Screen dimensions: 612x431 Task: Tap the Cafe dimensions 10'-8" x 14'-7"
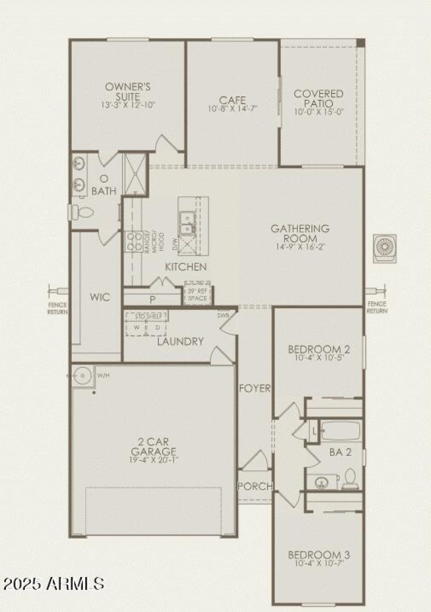[233, 108]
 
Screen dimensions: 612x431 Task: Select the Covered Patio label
[318, 98]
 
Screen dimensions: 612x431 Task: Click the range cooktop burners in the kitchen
[131, 241]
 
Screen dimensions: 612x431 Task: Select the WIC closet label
[100, 297]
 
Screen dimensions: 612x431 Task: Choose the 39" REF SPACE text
[197, 294]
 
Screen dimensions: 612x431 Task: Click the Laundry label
[180, 341]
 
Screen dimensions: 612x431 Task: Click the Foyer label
[255, 388]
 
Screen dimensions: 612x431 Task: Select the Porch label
[255, 486]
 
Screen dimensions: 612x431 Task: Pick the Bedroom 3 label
[315, 555]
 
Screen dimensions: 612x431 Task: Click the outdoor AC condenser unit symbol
[385, 247]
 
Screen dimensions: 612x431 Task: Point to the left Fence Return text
[58, 308]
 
